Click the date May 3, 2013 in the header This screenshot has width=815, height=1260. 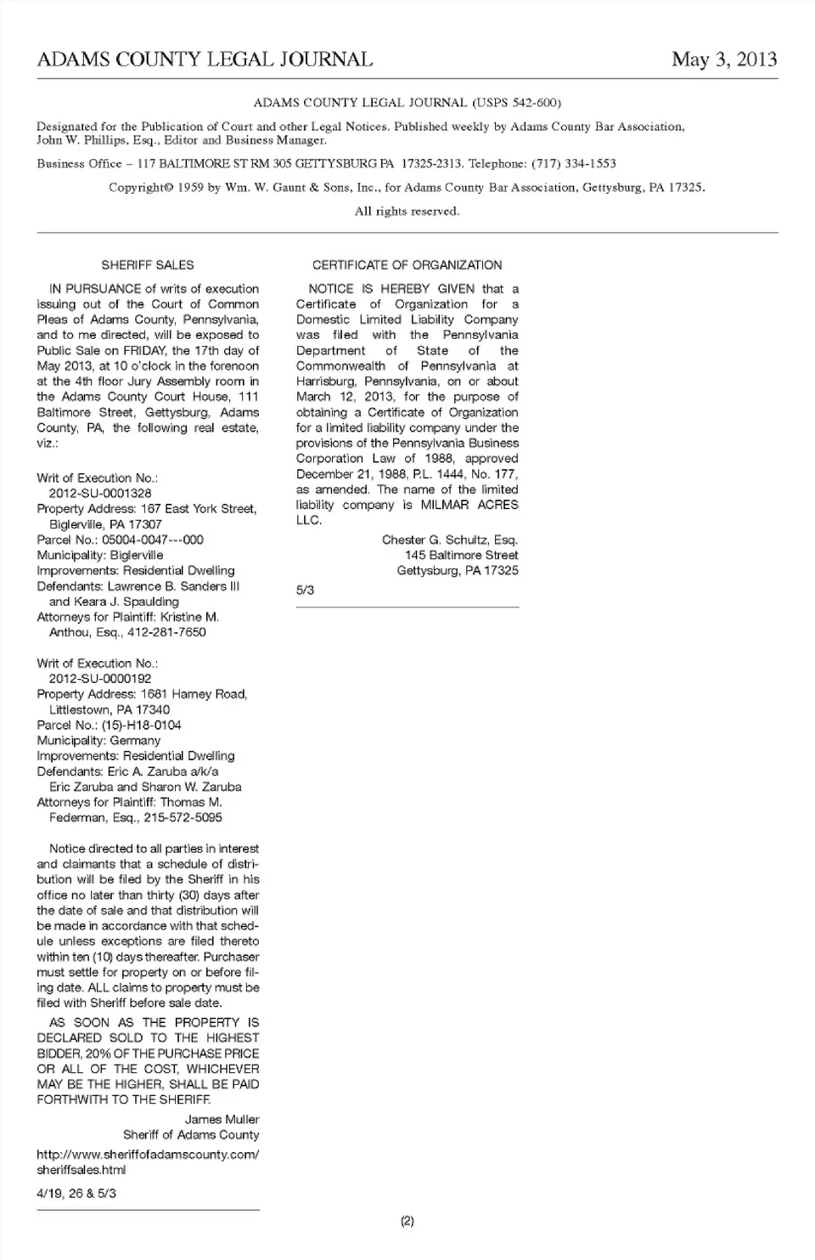[723, 59]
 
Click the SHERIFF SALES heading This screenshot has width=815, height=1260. [148, 265]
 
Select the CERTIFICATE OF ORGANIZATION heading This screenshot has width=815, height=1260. [407, 265]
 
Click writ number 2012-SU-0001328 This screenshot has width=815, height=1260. [100, 493]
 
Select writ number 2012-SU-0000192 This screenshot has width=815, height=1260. [100, 679]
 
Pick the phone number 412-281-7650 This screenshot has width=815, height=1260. [166, 632]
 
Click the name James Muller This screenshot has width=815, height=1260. [222, 1119]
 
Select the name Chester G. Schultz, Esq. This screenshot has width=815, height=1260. [450, 540]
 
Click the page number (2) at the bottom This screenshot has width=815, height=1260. [407, 1221]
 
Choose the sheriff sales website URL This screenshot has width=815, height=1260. [147, 1161]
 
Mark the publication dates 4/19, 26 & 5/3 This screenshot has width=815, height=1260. [76, 1193]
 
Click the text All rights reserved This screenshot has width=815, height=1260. [407, 211]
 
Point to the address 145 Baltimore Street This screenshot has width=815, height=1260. [461, 555]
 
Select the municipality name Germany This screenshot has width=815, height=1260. [135, 740]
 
